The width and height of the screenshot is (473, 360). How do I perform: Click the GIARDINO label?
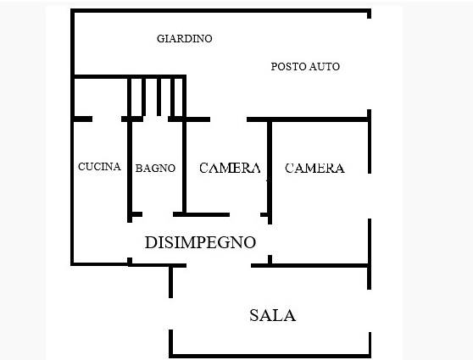click(x=184, y=39)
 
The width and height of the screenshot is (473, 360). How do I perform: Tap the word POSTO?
click(x=287, y=67)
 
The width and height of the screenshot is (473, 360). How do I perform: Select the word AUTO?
click(x=324, y=67)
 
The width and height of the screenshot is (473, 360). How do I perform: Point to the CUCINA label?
click(x=99, y=166)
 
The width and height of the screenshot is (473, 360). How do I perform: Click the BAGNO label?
click(x=155, y=169)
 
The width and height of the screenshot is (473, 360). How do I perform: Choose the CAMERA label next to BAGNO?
click(x=230, y=168)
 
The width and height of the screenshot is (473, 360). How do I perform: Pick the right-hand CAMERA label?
click(x=314, y=169)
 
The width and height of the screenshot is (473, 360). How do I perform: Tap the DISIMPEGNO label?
click(x=200, y=242)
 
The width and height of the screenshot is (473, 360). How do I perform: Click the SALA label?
click(x=272, y=315)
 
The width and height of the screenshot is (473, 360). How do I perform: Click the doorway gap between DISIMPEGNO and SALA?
click(x=219, y=266)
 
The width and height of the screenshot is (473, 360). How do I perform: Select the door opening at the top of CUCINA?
click(x=107, y=119)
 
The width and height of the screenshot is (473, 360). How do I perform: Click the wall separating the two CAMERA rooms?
click(x=270, y=172)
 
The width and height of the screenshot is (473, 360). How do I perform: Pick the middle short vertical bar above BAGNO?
click(x=159, y=97)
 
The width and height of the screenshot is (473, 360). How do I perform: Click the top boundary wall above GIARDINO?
click(x=220, y=10)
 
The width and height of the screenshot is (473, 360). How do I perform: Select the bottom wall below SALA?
click(x=270, y=356)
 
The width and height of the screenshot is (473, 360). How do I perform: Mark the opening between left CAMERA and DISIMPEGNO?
click(x=245, y=214)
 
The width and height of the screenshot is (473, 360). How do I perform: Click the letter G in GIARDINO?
click(x=161, y=39)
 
